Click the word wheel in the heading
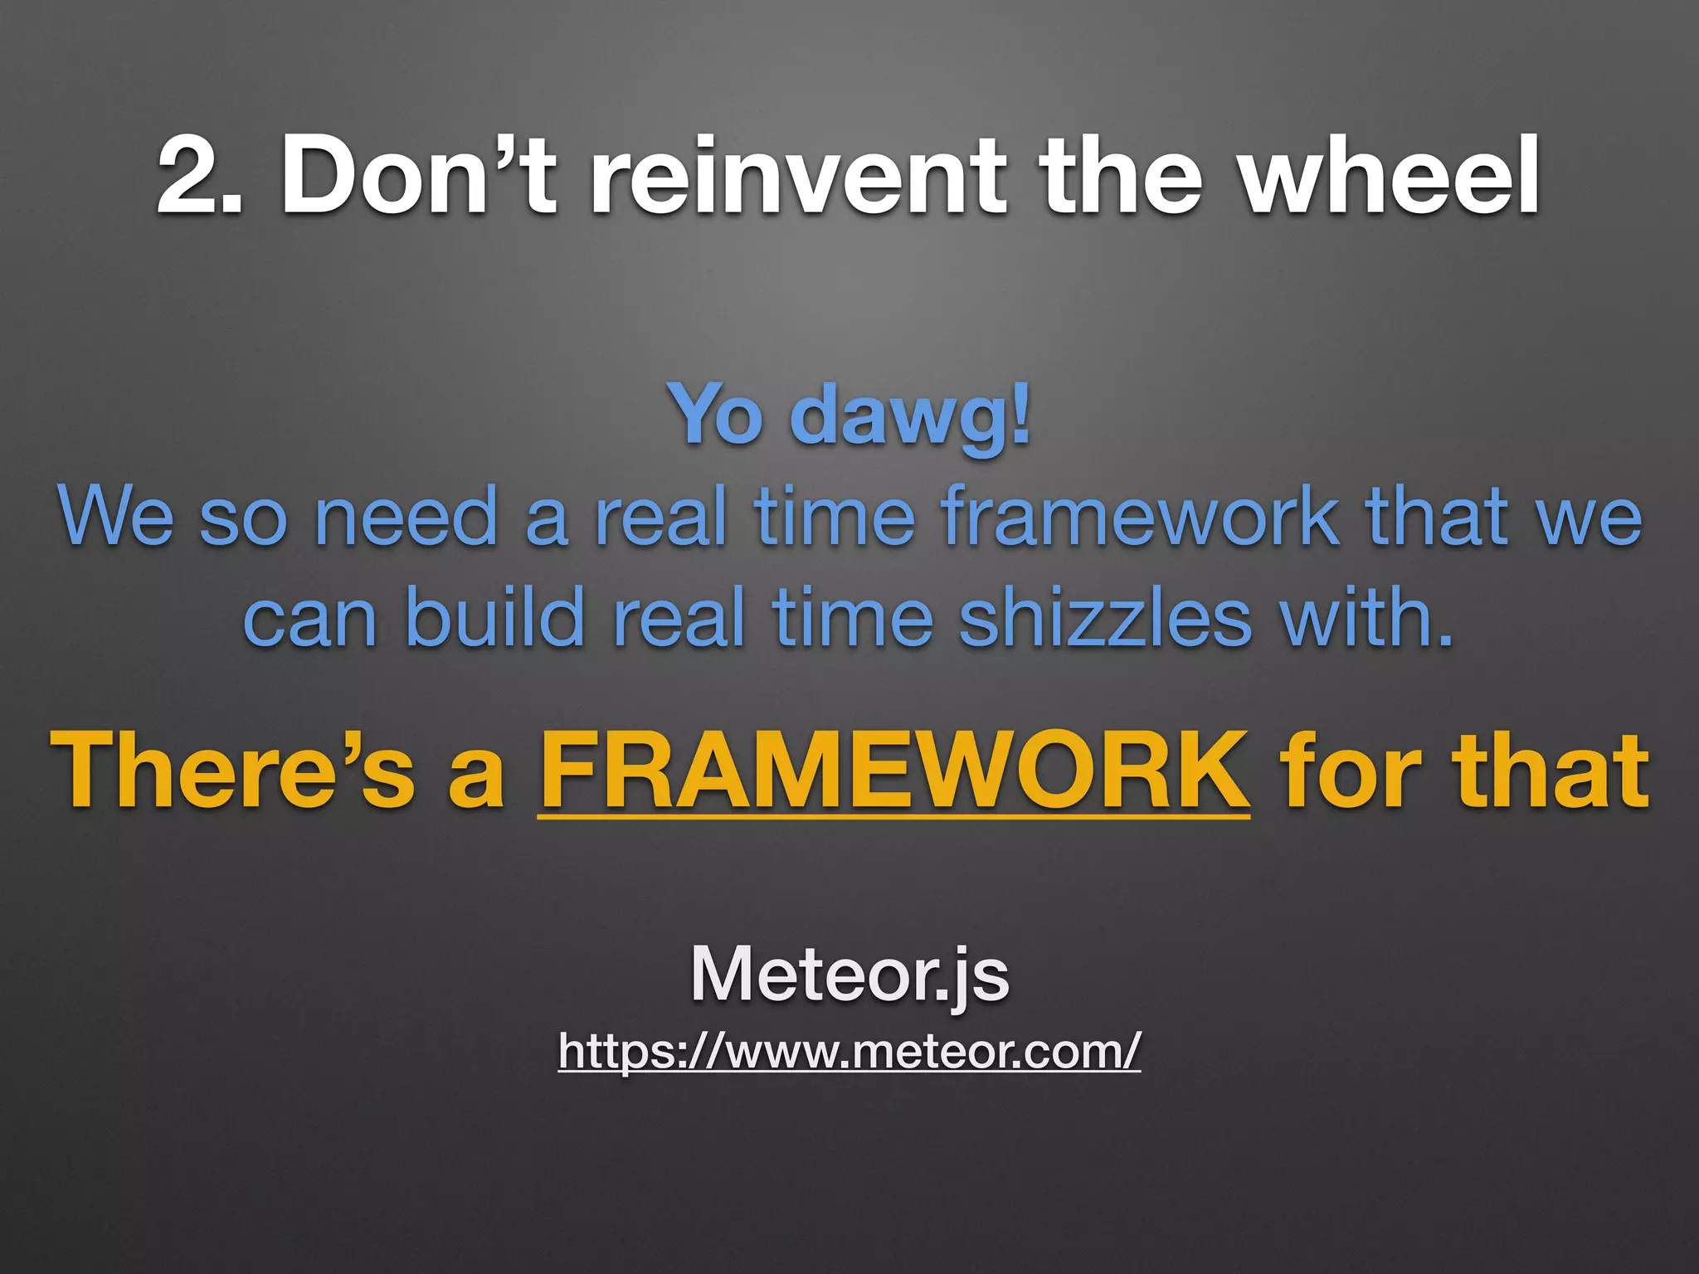[x=1390, y=176]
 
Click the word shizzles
[x=1104, y=618]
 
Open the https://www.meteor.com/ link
[x=849, y=1051]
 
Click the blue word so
[x=243, y=518]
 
